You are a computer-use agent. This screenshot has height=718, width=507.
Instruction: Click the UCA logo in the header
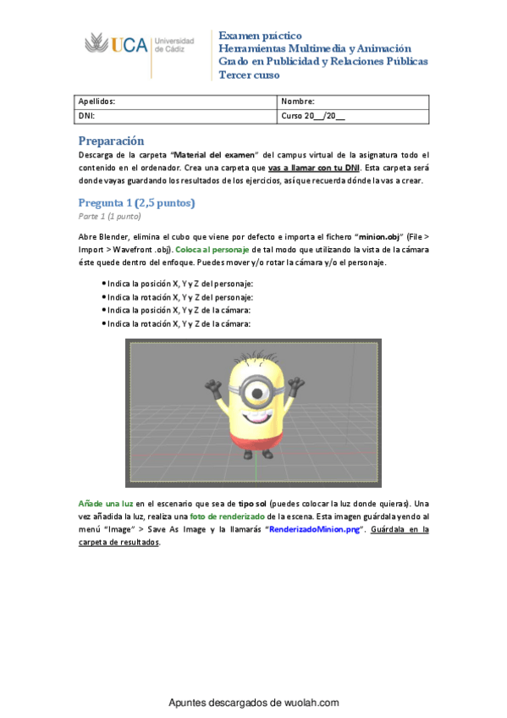140,45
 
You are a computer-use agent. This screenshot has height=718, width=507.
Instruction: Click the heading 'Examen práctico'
260,36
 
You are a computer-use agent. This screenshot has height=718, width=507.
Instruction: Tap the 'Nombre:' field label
298,102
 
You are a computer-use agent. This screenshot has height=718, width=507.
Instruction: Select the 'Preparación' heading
112,141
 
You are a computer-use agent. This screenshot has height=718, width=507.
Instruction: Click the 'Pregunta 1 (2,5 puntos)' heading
137,202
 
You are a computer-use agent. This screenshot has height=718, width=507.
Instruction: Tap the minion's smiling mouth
254,418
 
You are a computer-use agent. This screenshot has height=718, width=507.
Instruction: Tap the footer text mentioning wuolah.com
253,703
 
